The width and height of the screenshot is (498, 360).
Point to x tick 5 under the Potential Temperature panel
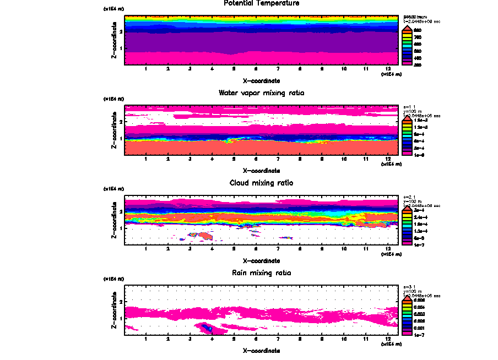click(x=234, y=69)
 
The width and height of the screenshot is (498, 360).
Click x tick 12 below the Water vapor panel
click(x=388, y=159)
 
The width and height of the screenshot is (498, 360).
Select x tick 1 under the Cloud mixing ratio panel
click(x=146, y=249)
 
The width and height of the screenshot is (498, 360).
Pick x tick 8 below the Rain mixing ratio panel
click(x=300, y=339)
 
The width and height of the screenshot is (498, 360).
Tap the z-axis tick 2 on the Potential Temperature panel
click(x=121, y=32)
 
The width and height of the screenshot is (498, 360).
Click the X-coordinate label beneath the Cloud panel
click(x=261, y=260)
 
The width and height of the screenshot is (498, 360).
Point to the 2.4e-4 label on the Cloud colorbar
click(x=420, y=217)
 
